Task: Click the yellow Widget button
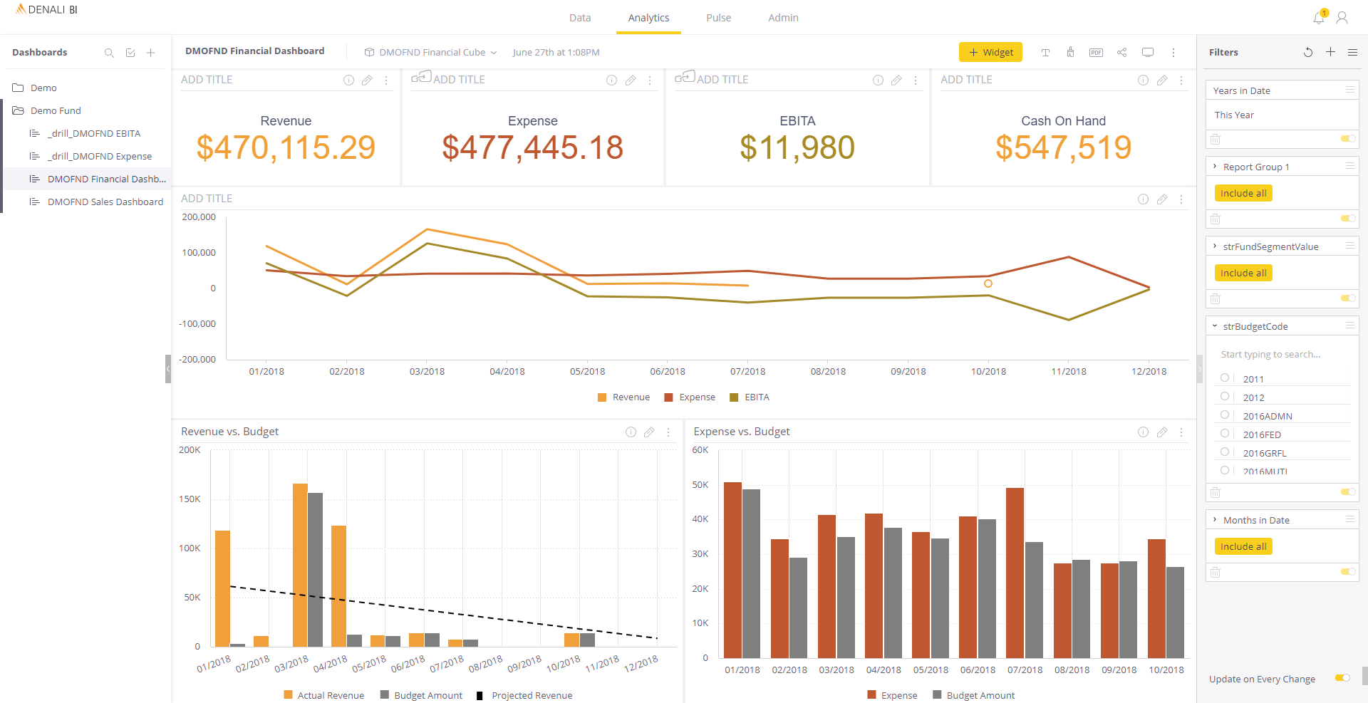pos(990,52)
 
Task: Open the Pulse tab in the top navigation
pos(718,18)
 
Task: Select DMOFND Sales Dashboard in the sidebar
pos(105,202)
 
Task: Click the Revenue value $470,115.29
pos(286,147)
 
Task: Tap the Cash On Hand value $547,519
pos(1063,147)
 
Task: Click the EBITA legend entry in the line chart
pos(756,397)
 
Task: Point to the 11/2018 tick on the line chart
pos(1069,371)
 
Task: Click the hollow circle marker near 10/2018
pos(988,283)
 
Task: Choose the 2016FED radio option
pos(1225,433)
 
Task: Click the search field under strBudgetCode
pos(1275,354)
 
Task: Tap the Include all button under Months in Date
pos(1243,546)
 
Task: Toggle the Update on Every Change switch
pos(1342,678)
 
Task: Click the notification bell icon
pos(1319,18)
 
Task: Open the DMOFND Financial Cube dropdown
pos(431,52)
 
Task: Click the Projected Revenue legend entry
pos(531,695)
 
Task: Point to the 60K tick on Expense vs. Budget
pos(700,450)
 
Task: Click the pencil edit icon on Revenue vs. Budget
pos(649,432)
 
